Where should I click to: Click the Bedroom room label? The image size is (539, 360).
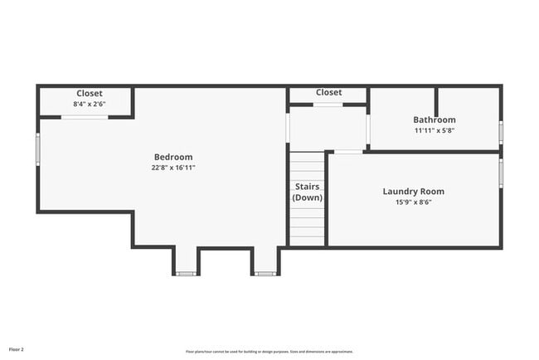(x=173, y=157)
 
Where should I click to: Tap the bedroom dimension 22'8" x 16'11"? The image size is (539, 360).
(x=173, y=168)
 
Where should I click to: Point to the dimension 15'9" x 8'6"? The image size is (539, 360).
(x=414, y=202)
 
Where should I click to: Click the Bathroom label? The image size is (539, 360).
(x=435, y=119)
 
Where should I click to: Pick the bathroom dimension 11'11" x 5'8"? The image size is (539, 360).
(x=435, y=130)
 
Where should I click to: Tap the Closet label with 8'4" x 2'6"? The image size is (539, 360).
(x=90, y=94)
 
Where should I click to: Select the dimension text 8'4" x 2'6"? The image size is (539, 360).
(x=90, y=105)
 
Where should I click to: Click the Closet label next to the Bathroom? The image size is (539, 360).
(x=328, y=93)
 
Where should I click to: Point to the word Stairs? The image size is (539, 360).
(x=307, y=187)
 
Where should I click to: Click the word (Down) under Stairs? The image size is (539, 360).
(x=307, y=197)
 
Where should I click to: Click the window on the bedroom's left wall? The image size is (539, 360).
(x=37, y=149)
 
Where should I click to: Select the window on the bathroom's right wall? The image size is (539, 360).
(x=501, y=132)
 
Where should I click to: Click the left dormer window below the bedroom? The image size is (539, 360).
(x=186, y=273)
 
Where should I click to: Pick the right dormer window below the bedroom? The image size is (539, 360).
(x=265, y=273)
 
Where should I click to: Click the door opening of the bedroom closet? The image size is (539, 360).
(x=85, y=117)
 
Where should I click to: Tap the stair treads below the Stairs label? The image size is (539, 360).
(x=307, y=224)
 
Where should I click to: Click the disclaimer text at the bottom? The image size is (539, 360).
(x=269, y=350)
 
